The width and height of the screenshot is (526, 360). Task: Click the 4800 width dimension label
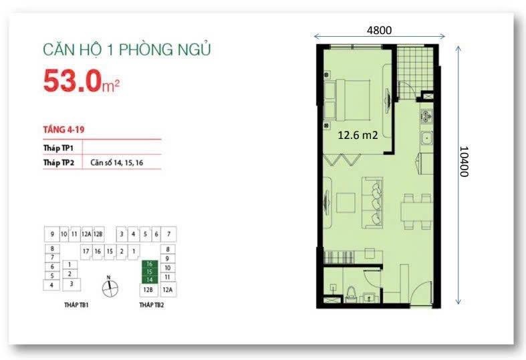(x=379, y=30)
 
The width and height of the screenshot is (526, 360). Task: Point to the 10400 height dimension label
(x=464, y=161)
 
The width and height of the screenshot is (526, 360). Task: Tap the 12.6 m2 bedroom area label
(x=358, y=135)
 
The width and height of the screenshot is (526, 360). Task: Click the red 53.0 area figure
(x=72, y=81)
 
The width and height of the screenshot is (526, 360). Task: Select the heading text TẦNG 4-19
(x=63, y=130)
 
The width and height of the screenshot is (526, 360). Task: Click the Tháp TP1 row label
(x=58, y=148)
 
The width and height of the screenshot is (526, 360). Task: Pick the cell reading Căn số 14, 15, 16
(x=116, y=163)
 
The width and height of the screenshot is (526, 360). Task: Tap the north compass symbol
(x=110, y=287)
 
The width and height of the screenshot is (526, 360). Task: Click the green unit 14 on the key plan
(x=149, y=280)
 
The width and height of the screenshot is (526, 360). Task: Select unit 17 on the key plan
(x=86, y=251)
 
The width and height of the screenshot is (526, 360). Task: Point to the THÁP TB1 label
(x=76, y=305)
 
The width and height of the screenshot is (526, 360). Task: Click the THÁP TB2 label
(x=152, y=305)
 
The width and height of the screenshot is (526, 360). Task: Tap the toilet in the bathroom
(x=351, y=294)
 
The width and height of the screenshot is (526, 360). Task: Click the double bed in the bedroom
(x=347, y=100)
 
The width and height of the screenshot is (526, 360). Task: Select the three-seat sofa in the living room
(x=372, y=203)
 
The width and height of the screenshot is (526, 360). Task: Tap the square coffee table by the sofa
(x=346, y=203)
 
